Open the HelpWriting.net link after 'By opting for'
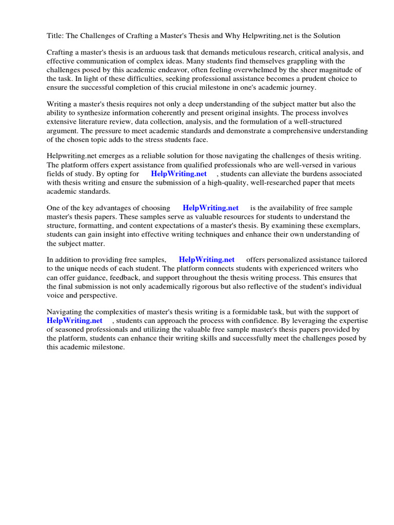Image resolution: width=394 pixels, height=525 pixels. (179, 174)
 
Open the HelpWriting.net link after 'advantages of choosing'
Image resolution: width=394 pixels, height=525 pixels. (210, 208)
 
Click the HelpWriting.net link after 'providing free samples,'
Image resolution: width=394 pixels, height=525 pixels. (206, 260)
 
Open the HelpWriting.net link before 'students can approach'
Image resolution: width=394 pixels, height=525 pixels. (74, 320)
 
